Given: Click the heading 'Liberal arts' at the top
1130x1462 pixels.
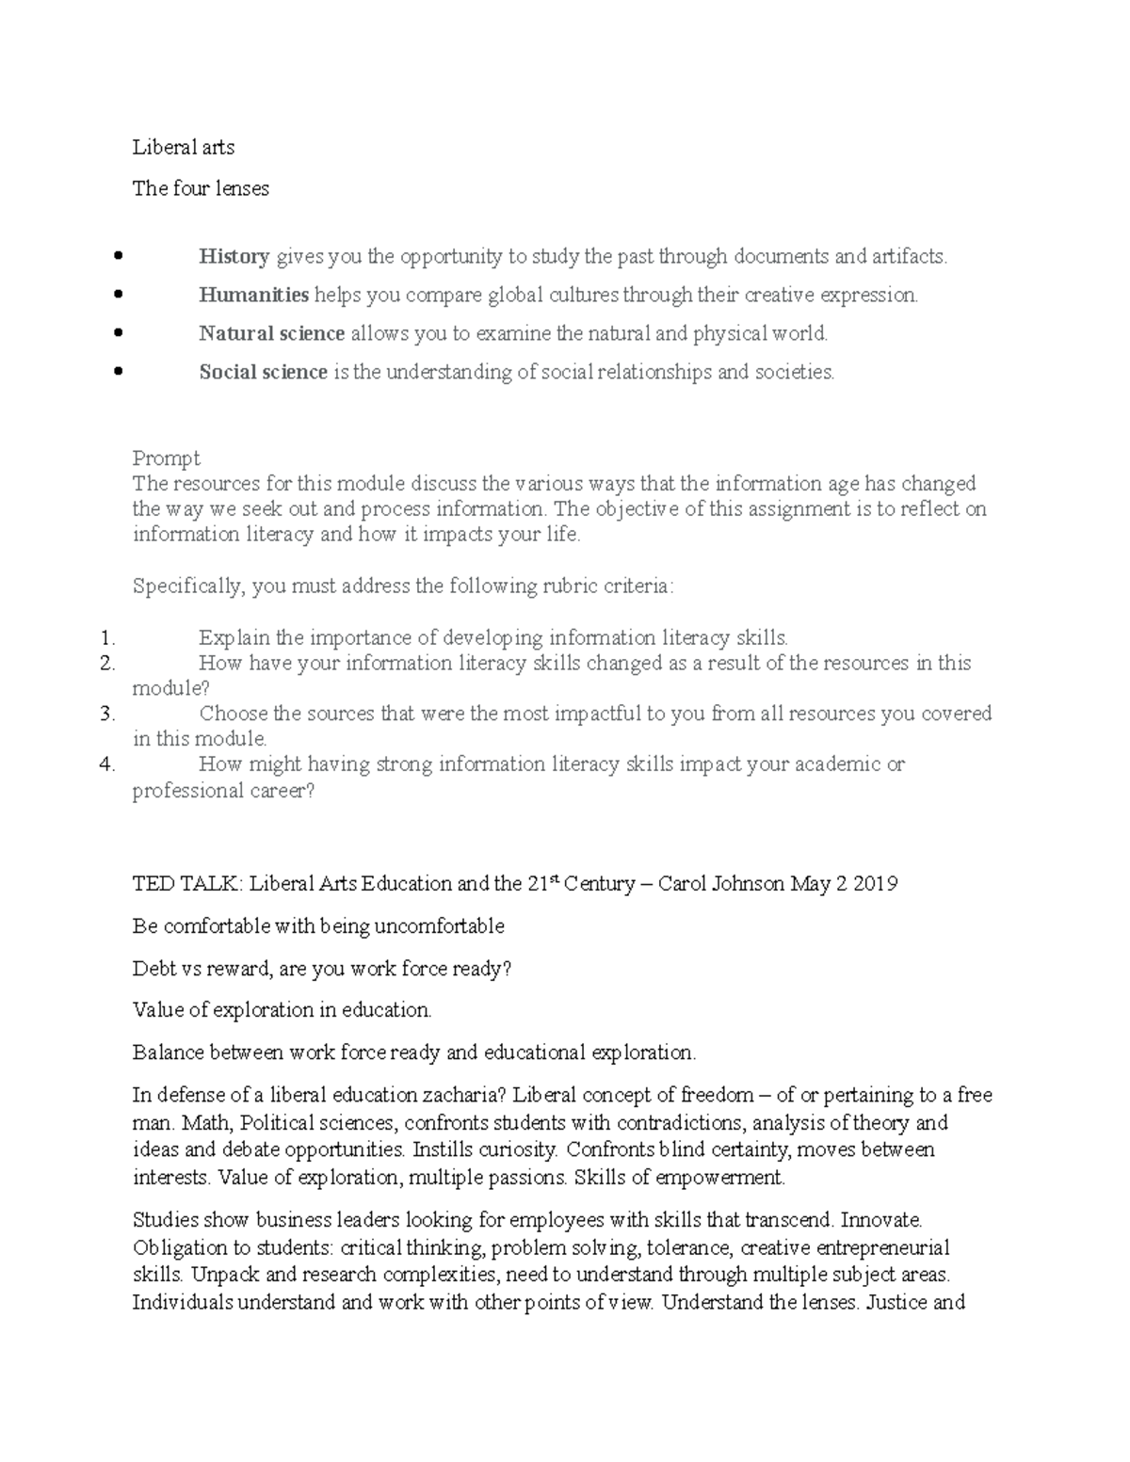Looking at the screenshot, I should point(184,147).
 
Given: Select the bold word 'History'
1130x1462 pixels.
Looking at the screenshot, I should point(234,256).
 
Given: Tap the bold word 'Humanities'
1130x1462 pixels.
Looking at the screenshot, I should point(253,295).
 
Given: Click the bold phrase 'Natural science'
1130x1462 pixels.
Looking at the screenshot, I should point(271,333).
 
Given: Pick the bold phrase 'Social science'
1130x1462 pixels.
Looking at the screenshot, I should point(263,372).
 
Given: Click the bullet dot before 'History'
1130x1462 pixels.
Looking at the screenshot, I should point(119,256).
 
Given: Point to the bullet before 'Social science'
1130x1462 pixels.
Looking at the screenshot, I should point(119,372).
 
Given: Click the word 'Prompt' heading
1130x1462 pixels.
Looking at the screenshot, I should point(167,458).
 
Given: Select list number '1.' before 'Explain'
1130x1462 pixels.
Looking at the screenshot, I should point(107,638).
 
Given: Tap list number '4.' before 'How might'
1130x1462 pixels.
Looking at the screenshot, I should point(106,764).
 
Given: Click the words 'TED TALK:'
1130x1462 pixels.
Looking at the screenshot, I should point(187,884).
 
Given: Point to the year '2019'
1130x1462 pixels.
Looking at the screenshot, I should point(877,884).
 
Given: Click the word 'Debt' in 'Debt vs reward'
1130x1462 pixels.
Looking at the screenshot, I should point(153,969).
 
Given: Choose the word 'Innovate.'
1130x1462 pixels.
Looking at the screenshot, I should point(881,1220).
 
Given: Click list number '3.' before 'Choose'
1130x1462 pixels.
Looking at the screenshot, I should point(106,714).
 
